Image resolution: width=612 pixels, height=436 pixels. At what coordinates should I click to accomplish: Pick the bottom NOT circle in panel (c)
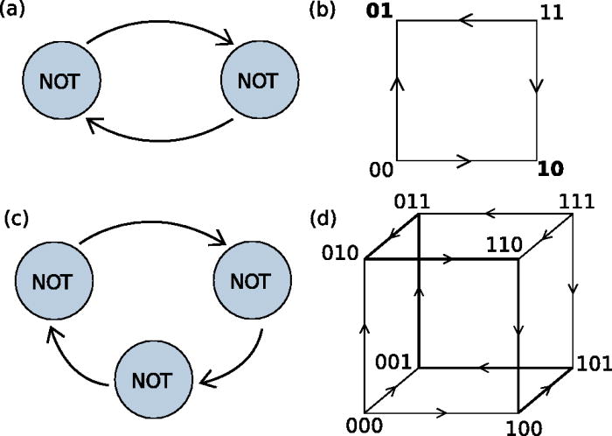click(x=151, y=382)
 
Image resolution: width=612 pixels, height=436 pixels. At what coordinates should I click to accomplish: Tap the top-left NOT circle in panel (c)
click(x=52, y=282)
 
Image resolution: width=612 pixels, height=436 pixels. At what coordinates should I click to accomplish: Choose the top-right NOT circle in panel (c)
click(x=251, y=282)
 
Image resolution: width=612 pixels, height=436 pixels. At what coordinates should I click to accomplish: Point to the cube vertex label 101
click(x=592, y=364)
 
